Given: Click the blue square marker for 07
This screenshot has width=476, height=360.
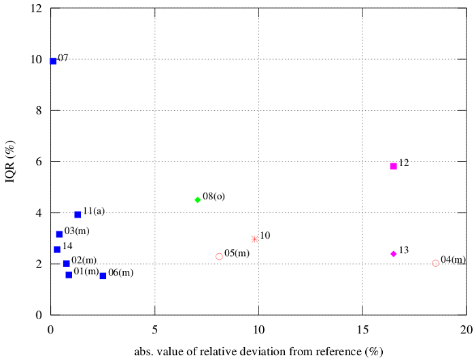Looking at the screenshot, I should pos(53,61).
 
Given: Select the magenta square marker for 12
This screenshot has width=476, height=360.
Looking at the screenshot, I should pos(394,166).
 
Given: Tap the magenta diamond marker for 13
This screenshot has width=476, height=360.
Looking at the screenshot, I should pos(394,254).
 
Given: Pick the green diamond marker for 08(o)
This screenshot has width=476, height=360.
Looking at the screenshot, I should pos(198,200).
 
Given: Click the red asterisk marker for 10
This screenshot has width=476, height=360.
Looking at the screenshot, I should pos(255,240).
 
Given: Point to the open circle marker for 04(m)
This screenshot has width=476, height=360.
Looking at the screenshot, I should pos(436,263).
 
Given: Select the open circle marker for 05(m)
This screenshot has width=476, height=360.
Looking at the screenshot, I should pos(219,257).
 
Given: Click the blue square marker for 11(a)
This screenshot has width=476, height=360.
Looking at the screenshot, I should pos(78,214).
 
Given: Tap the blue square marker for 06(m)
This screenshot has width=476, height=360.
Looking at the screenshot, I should pos(103,276).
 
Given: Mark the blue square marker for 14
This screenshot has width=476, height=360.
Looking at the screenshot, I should pos(57,250).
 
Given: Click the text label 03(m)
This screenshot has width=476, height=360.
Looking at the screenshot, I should pos(77,231).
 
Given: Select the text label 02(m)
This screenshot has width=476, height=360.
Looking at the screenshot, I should pos(84,260).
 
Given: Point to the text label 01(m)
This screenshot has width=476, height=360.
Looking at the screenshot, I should pos(86,272).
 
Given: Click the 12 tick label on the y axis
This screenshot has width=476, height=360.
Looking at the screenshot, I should pos(36,9).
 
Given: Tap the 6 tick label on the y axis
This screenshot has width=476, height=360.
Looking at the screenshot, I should pos(39,162).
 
